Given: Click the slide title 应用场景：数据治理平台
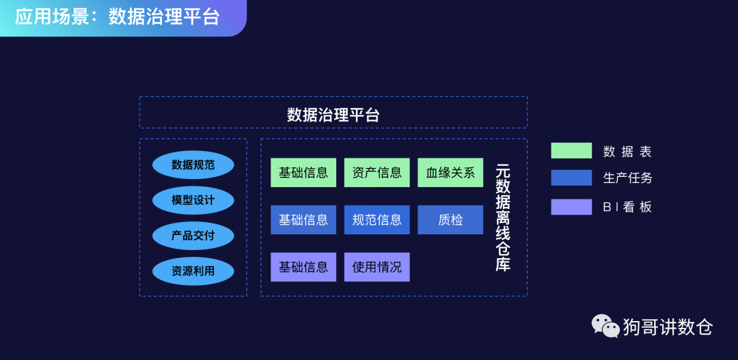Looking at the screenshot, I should click(117, 17).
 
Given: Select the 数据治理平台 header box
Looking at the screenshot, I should click(333, 113).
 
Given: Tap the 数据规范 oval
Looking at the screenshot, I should click(193, 165).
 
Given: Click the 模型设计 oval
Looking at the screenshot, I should click(193, 200).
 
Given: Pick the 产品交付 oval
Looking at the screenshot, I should click(193, 236).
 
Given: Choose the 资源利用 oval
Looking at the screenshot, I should click(193, 271).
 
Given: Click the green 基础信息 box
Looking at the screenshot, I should click(303, 173).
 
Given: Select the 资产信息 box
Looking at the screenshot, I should click(377, 173).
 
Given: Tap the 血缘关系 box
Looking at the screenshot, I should click(450, 173).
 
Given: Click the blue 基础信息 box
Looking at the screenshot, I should click(303, 220).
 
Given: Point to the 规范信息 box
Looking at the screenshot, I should click(377, 220).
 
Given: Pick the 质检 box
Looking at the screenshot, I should click(450, 220).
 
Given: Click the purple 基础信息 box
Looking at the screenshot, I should click(303, 267).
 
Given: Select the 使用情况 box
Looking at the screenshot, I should click(377, 267).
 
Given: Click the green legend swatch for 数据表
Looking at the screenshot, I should click(571, 151).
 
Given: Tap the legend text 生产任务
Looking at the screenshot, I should click(627, 178).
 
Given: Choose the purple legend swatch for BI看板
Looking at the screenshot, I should click(571, 207).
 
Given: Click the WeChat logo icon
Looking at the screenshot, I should click(605, 326).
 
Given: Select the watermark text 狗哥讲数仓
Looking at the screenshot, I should click(667, 327).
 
